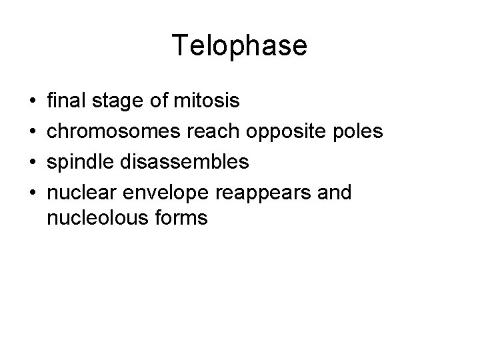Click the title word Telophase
coord(239,46)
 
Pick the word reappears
coord(267,193)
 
